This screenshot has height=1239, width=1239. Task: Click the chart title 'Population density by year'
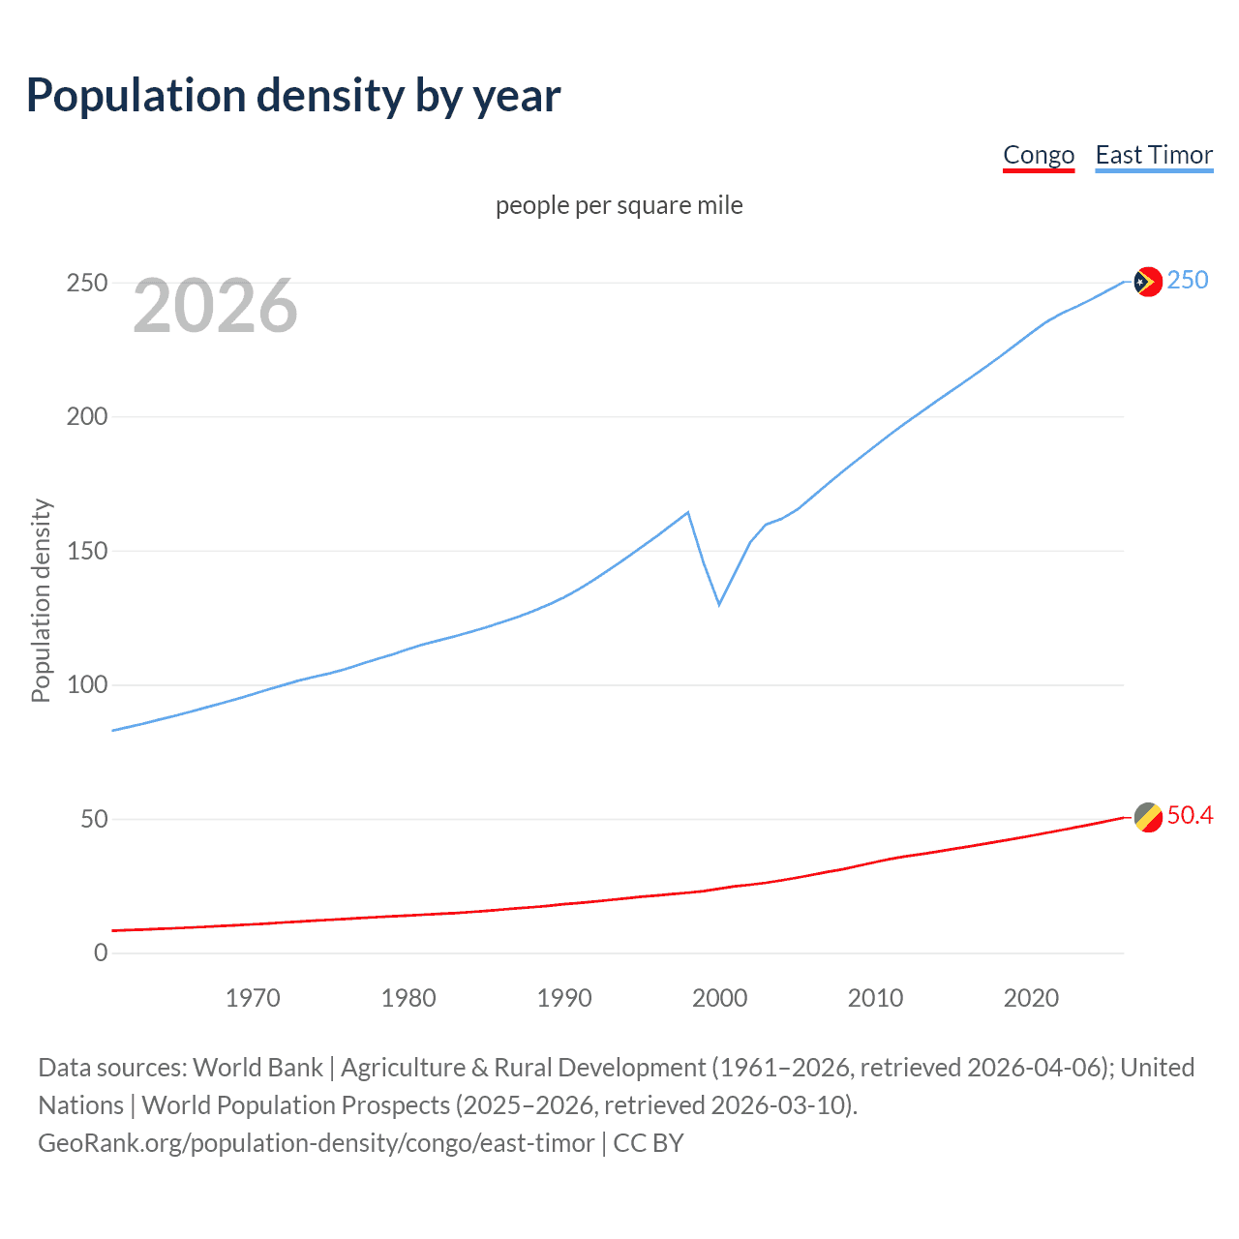tap(293, 96)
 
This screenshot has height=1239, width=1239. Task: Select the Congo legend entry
tap(1038, 155)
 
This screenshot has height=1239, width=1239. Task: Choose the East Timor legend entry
tap(1154, 155)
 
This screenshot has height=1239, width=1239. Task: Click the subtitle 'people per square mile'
tap(619, 205)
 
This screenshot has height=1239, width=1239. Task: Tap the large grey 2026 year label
tap(215, 306)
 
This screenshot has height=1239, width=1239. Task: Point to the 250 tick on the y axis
tap(87, 283)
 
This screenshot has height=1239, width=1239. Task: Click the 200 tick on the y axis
tap(87, 417)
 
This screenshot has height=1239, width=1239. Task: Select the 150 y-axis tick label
tap(87, 551)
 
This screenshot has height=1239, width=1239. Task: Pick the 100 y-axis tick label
tap(87, 685)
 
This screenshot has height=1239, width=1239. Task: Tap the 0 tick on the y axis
tap(101, 952)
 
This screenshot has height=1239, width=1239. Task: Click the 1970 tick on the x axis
tap(253, 998)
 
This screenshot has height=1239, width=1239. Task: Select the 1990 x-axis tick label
tap(564, 998)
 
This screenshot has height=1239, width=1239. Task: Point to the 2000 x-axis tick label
tap(719, 998)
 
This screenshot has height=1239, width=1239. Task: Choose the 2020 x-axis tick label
tap(1031, 998)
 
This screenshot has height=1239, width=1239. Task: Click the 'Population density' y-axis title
tap(41, 600)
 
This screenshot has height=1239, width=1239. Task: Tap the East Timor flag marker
tap(1147, 282)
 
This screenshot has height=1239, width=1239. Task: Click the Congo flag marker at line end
tap(1147, 817)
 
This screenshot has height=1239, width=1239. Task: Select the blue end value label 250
tap(1188, 280)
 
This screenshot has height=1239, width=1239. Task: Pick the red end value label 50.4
tap(1190, 816)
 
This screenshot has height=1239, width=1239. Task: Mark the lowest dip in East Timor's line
tap(719, 604)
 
